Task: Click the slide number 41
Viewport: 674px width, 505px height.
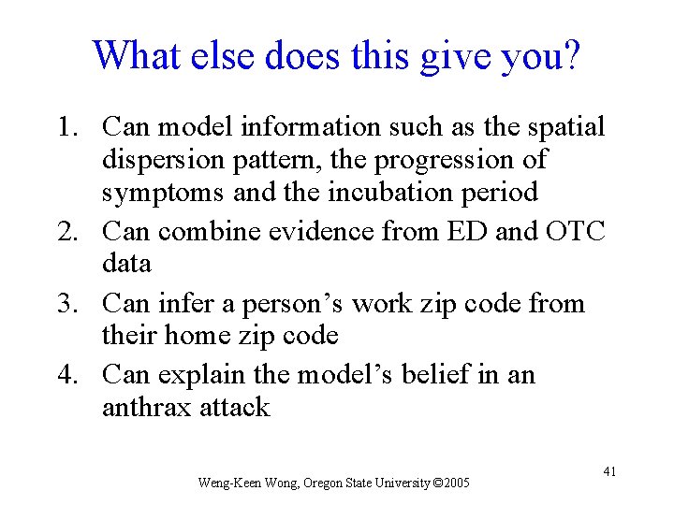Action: (x=608, y=471)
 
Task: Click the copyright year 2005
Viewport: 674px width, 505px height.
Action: (x=455, y=483)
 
